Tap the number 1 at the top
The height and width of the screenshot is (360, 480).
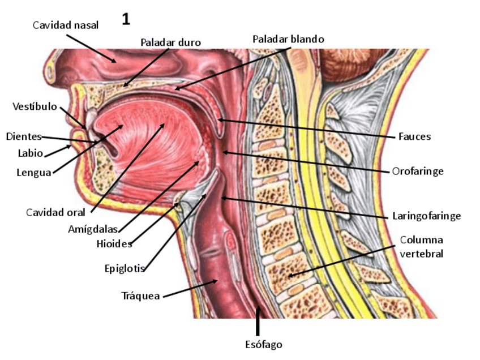click(126, 20)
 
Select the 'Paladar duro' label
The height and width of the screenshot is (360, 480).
click(170, 42)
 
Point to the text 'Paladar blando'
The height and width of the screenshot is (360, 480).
click(288, 39)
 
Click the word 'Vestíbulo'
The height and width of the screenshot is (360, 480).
click(35, 106)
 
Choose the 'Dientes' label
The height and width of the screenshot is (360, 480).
click(24, 136)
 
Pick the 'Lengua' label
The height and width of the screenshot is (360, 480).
click(33, 173)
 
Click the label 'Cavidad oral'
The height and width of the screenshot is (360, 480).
click(55, 213)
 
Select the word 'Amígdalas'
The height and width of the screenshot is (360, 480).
click(92, 229)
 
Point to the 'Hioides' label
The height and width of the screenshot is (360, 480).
click(114, 244)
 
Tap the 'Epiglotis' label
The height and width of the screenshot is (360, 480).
click(125, 268)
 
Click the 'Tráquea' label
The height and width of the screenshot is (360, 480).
click(141, 295)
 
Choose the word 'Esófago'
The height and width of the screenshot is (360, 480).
click(263, 344)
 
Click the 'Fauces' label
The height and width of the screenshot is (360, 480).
click(414, 136)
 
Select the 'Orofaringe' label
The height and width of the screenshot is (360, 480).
click(418, 171)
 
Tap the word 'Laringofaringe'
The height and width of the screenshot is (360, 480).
click(426, 216)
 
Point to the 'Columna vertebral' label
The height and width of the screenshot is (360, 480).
click(421, 247)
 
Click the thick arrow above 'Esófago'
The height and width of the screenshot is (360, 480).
click(259, 320)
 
